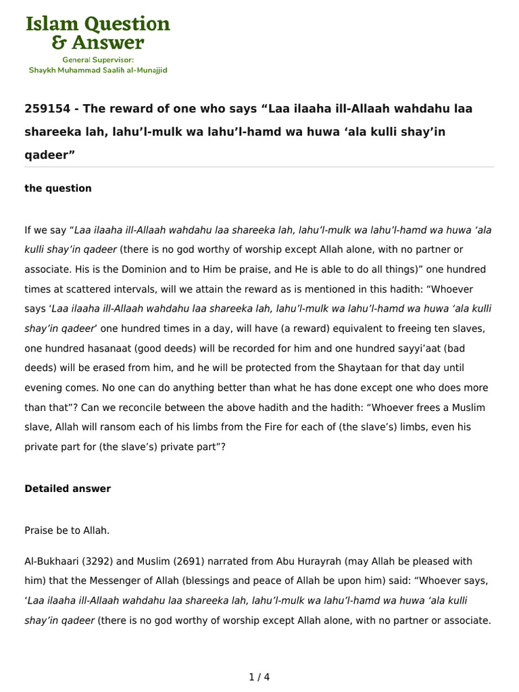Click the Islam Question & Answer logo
pos(98,34)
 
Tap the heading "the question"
pos(58,189)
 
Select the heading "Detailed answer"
pos(68,489)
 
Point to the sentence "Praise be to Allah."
pos(67,531)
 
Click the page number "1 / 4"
pos(259,677)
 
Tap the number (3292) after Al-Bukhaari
pos(97,562)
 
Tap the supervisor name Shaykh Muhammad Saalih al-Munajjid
pos(98,70)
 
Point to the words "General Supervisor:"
pos(98,59)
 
